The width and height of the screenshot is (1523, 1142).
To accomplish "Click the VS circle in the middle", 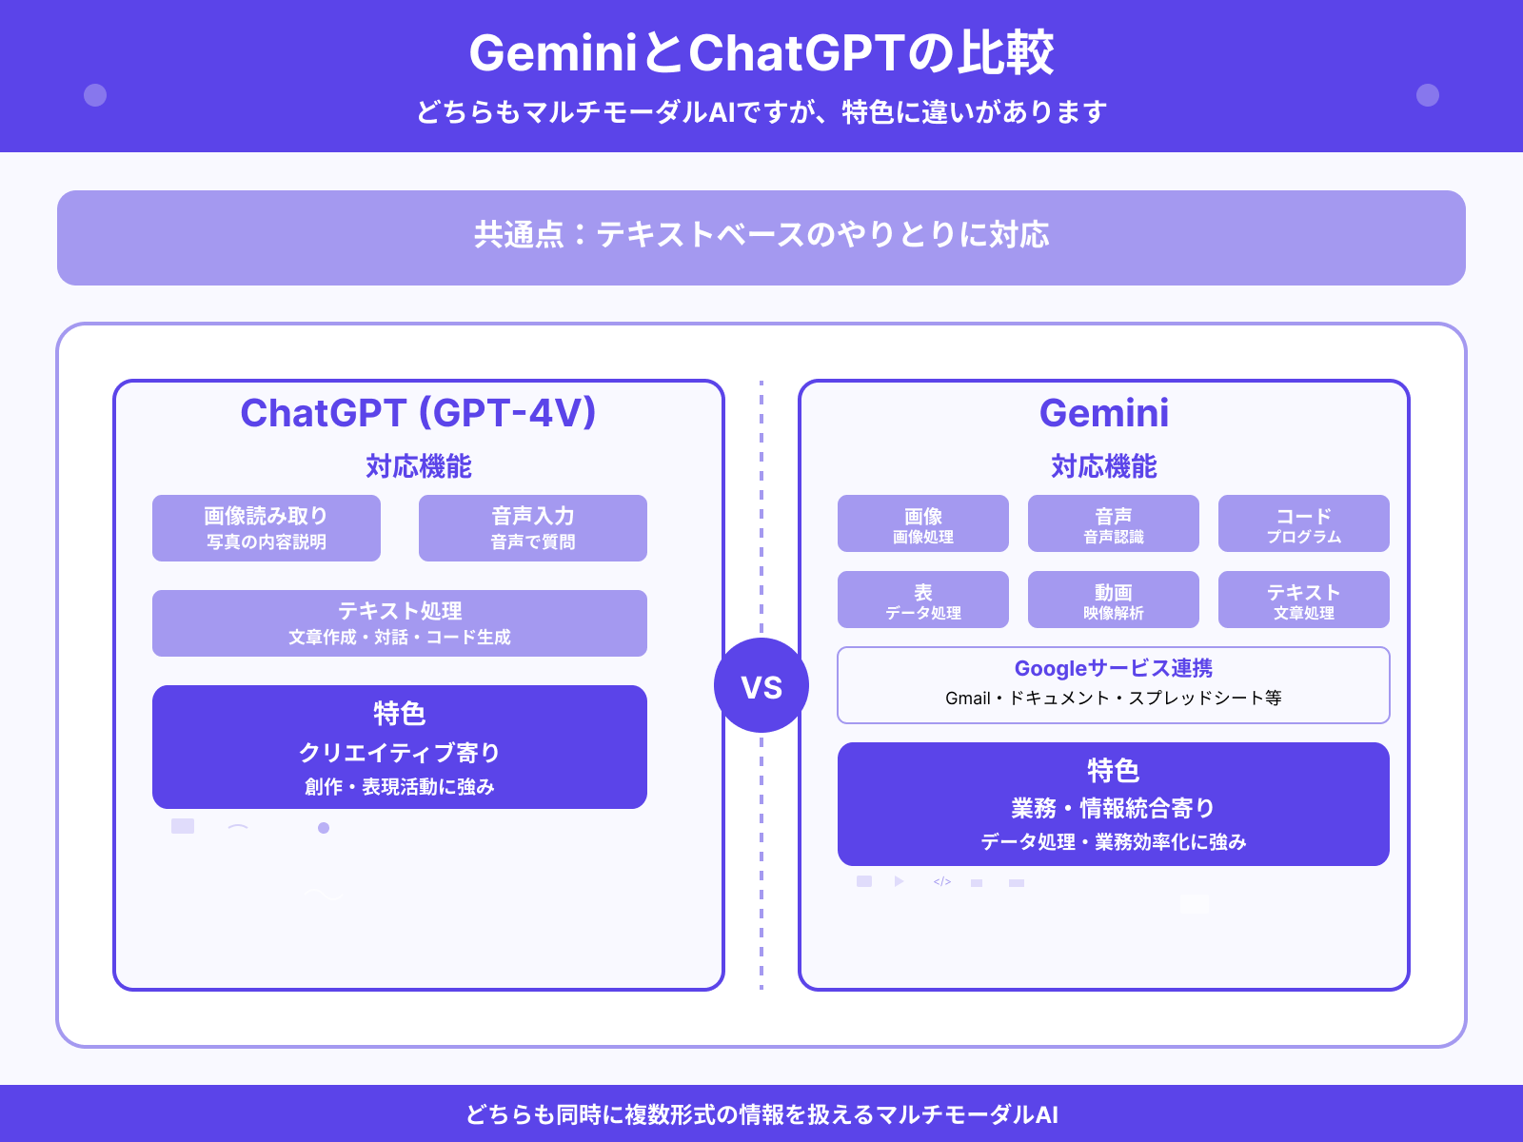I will (x=761, y=685).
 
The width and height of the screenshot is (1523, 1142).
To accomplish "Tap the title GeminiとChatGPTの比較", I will (x=761, y=53).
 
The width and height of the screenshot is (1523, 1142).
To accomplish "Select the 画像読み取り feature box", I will (x=267, y=528).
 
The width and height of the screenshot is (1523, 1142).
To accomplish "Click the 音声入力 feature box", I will (x=533, y=528).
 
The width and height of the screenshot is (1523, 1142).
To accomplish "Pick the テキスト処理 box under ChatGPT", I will (x=400, y=623).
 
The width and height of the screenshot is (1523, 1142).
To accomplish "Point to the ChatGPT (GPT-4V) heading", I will (x=419, y=413).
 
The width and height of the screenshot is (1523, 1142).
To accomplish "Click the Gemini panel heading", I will (x=1104, y=413).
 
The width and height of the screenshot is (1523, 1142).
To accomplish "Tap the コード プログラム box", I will (x=1304, y=523).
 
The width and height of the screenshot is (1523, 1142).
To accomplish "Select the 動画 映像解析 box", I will (x=1114, y=600).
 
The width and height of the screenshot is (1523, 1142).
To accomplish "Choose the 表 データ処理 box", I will (x=923, y=600).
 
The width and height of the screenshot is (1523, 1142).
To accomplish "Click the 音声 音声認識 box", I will (x=1114, y=523).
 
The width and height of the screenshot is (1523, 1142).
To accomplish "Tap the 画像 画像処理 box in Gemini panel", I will (x=923, y=523).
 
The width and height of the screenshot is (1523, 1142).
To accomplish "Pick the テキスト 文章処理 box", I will (x=1304, y=600).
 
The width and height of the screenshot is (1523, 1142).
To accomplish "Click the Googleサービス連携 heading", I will (x=1114, y=668).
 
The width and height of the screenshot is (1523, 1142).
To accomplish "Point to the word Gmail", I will (x=968, y=699).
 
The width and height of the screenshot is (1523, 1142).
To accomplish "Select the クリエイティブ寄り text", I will (x=400, y=753).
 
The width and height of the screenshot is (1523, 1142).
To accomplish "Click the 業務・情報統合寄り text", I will (x=1114, y=808).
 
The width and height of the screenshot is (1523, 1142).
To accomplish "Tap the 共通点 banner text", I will (x=761, y=235).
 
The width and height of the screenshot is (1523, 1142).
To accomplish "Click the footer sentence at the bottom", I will (x=761, y=1114).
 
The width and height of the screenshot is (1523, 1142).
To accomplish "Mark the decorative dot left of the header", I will (x=95, y=95).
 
